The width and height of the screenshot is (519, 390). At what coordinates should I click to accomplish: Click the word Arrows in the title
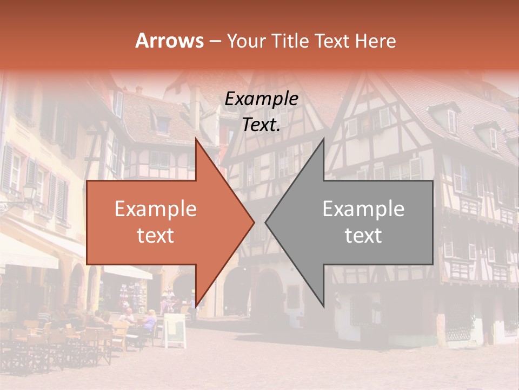tap(169, 41)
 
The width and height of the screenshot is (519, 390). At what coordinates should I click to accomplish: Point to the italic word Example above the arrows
tap(261, 99)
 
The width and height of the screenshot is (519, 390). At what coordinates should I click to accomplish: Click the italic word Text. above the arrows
tap(261, 125)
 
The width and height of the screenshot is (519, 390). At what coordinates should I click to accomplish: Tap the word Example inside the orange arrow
tap(155, 209)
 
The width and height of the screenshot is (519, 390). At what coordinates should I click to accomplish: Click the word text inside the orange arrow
tap(155, 235)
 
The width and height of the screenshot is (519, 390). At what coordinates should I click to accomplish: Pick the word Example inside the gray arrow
tap(363, 209)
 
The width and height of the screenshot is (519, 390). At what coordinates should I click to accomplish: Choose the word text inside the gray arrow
tap(363, 235)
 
